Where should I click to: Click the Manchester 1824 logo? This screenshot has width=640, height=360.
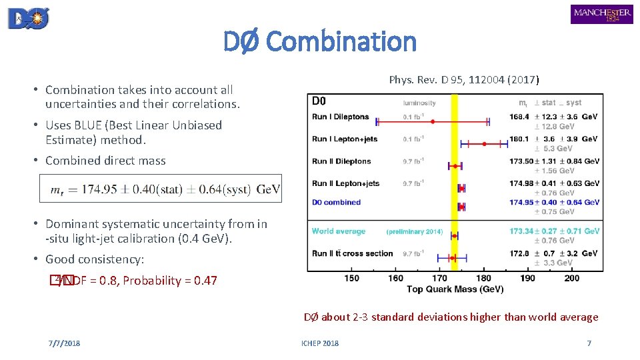[x=601, y=14]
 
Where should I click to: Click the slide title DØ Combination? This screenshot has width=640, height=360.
[x=319, y=41]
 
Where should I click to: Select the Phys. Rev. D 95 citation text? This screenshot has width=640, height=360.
[x=464, y=80]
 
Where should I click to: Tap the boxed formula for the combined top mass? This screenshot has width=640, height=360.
[x=161, y=189]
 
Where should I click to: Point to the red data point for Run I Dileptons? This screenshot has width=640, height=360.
[x=433, y=121]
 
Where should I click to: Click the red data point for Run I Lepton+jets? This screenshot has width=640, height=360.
[x=485, y=143]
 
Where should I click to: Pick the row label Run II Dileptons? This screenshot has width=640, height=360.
[x=341, y=161]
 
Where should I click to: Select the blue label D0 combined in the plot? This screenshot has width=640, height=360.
[x=336, y=202]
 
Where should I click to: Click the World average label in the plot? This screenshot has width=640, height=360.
[x=339, y=231]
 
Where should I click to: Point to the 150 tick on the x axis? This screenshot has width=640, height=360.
[x=352, y=278]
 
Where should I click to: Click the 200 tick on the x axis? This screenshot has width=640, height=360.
[x=572, y=278]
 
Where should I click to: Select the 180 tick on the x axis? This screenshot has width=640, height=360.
[x=484, y=278]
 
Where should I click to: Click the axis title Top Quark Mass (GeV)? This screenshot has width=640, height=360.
[x=455, y=289]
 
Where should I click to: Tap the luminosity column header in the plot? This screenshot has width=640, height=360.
[x=419, y=103]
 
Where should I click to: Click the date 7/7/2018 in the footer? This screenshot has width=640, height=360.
[x=64, y=343]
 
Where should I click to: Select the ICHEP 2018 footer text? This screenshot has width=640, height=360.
[x=319, y=343]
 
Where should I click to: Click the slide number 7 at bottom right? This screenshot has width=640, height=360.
[x=589, y=343]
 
